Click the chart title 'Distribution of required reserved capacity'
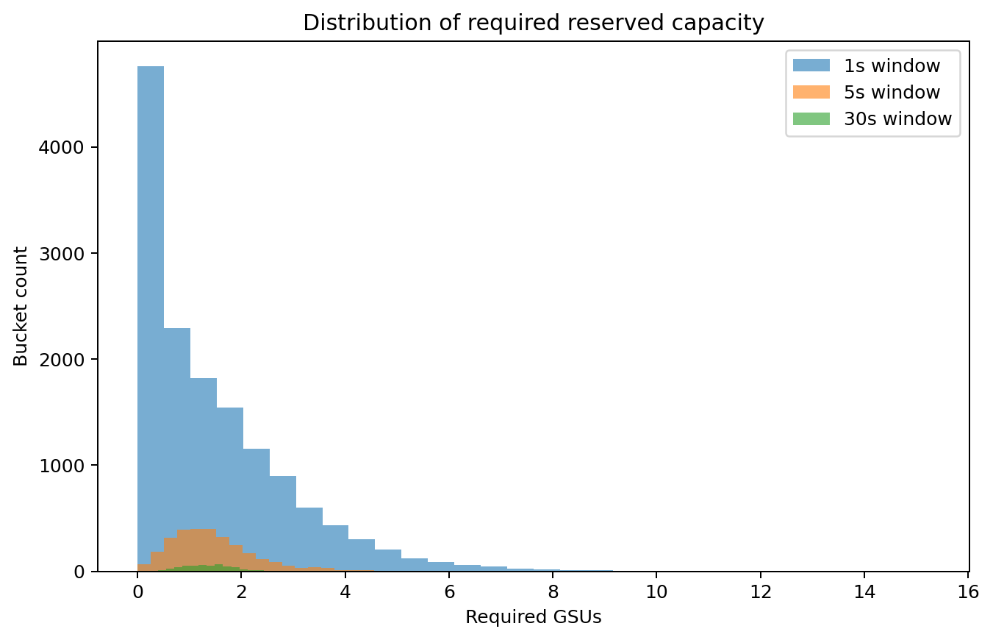pyautogui.click(x=533, y=23)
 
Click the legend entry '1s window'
pyautogui.click(x=892, y=66)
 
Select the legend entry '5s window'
pyautogui.click(x=892, y=93)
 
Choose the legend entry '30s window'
pyautogui.click(x=897, y=119)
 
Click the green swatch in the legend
pyautogui.click(x=811, y=119)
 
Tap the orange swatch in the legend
pyautogui.click(x=811, y=93)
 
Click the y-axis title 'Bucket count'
pyautogui.click(x=21, y=306)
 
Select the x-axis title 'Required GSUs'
pyautogui.click(x=533, y=618)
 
